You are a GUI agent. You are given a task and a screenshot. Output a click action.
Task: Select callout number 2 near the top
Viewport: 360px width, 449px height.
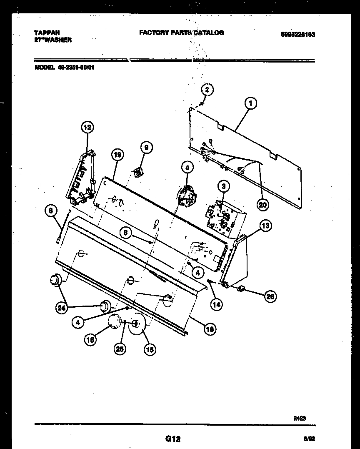coord(207,89)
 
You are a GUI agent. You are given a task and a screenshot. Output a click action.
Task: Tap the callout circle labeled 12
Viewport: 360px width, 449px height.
coord(87,128)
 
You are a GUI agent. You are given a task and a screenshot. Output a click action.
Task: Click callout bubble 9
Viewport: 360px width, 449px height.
coord(146,147)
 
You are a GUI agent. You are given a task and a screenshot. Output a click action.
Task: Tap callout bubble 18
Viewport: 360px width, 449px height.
coord(210,329)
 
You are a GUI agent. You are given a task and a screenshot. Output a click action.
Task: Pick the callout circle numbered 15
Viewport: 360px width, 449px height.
coord(150,350)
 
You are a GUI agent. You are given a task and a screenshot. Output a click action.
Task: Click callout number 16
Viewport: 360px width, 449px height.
coord(90,340)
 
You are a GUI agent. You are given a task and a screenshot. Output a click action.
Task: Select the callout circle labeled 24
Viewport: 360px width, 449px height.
coord(61,308)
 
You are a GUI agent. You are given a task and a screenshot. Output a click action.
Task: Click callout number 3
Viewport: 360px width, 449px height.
coord(223,186)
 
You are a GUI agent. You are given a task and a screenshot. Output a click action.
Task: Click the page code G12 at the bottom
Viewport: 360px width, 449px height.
coord(172,439)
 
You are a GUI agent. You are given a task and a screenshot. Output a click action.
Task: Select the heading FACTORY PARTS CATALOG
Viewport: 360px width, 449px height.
coord(181,33)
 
